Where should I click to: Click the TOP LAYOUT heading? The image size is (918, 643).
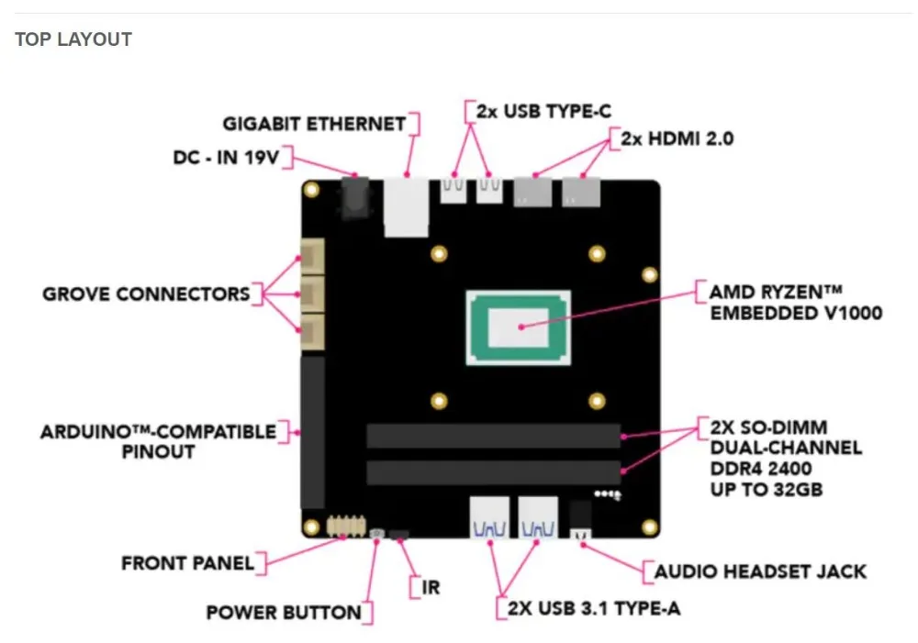(73, 39)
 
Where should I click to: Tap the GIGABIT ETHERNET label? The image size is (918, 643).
(315, 124)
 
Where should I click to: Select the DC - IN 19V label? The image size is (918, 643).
(225, 158)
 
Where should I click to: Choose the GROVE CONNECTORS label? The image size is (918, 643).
(146, 294)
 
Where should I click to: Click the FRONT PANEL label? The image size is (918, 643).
(187, 562)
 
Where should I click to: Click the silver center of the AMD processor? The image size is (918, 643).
(519, 326)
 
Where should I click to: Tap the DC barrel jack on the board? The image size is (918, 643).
(354, 197)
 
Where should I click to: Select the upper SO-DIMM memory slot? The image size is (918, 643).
(493, 436)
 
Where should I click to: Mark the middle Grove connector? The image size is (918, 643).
(312, 294)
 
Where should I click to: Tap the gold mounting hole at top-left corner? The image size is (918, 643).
(311, 190)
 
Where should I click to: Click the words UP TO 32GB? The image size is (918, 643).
(766, 490)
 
